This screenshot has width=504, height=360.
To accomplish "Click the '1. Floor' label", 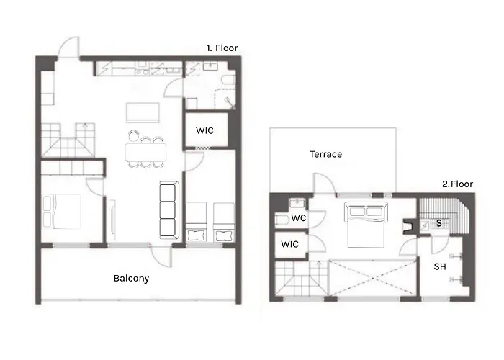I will (x=222, y=48).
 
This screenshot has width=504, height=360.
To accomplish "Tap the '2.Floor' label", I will (x=457, y=184).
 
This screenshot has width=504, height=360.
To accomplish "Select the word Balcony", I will (x=132, y=278).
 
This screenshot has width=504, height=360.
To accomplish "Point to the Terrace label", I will (x=325, y=154).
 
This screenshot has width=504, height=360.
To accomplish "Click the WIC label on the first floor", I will (x=204, y=131).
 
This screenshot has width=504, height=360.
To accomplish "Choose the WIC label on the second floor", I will (x=289, y=244).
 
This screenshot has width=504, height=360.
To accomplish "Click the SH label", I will (x=439, y=266).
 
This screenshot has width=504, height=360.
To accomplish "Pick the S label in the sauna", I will (x=438, y=224).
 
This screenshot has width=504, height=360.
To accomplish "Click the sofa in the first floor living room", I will (x=168, y=210).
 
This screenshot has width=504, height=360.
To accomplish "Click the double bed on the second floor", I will (x=368, y=224).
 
